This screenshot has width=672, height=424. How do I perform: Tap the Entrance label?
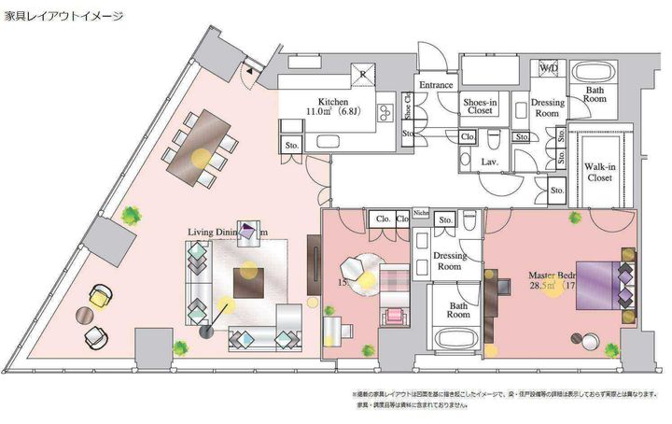[435, 85]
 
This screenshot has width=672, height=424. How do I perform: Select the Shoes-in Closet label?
[482, 106]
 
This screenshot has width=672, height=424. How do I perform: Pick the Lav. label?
[489, 161]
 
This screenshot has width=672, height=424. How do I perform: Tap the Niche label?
[420, 212]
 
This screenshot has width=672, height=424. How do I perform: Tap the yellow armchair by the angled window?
[100, 299]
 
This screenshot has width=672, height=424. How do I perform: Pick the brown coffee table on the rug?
[249, 281]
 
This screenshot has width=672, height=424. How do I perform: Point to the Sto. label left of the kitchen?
[292, 146]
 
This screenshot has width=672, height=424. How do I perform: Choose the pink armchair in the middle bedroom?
[393, 315]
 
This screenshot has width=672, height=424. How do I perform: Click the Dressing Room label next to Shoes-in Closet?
[546, 106]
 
